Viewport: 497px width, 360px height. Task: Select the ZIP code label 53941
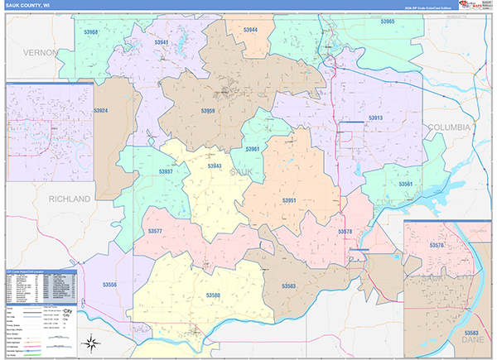click(x=161, y=41)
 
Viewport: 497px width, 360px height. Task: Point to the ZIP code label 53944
click(x=250, y=30)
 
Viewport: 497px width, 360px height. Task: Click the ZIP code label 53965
click(x=387, y=22)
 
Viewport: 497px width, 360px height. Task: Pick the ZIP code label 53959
click(x=208, y=110)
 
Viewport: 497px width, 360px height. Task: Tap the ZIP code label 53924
click(x=101, y=110)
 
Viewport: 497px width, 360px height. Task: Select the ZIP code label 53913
click(x=375, y=118)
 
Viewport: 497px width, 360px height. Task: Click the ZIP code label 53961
click(x=253, y=149)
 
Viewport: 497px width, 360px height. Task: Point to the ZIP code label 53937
click(x=165, y=171)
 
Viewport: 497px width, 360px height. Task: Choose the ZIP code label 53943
click(x=215, y=166)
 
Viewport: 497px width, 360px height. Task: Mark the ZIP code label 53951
click(x=289, y=201)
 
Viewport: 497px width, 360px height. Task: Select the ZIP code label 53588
click(x=214, y=295)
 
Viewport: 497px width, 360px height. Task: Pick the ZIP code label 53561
click(x=405, y=184)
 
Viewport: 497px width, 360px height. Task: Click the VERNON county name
click(x=41, y=52)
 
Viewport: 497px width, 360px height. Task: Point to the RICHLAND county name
click(x=69, y=199)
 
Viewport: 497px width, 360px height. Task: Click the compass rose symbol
click(x=94, y=344)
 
